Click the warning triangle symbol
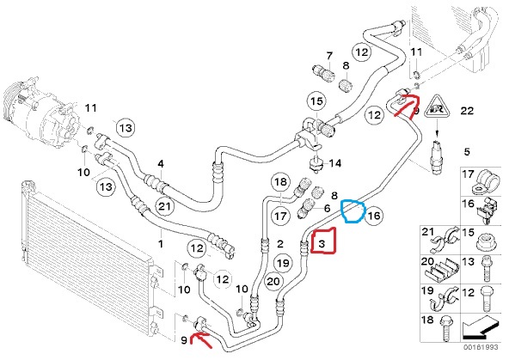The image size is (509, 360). click(x=437, y=108)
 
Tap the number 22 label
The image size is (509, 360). click(x=467, y=111)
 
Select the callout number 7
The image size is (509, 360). click(x=329, y=56)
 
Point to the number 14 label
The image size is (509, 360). click(x=335, y=162)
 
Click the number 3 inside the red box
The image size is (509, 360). click(x=322, y=243)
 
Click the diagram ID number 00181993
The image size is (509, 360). click(x=481, y=347)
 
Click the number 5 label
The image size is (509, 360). click(x=467, y=151)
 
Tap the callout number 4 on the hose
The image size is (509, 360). click(x=161, y=164)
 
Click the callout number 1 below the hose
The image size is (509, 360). click(x=161, y=243)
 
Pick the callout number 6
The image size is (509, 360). click(x=327, y=208)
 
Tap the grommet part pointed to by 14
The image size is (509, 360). click(x=314, y=163)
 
